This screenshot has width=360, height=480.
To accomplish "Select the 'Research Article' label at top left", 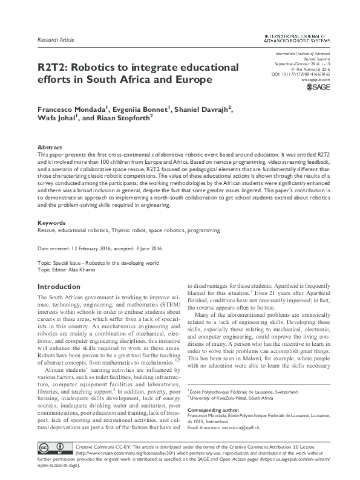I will point(56,40).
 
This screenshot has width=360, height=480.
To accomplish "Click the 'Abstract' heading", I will point(49,147).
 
